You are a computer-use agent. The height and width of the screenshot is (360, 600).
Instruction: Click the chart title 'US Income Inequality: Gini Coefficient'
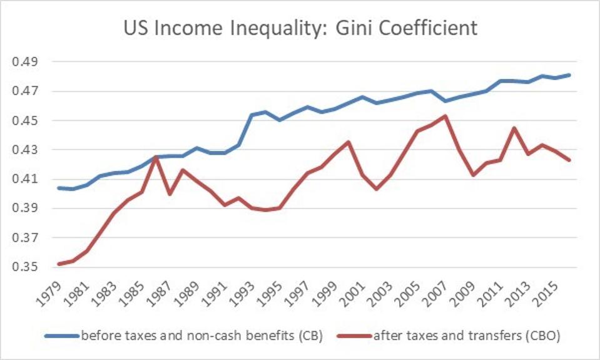[x=300, y=28]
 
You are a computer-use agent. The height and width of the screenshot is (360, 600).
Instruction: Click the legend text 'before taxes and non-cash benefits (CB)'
[x=201, y=336]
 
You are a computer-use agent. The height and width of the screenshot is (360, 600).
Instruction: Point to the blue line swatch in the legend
[x=61, y=336]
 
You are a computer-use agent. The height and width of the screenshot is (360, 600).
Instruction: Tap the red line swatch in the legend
[x=355, y=336]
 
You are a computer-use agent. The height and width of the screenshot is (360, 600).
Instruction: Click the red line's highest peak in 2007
[x=444, y=116]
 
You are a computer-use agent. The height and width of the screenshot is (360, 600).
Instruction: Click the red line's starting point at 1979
[x=59, y=264]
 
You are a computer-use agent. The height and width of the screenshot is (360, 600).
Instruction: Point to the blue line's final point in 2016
[x=569, y=75]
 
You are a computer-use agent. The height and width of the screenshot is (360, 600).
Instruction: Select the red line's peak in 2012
[x=514, y=128]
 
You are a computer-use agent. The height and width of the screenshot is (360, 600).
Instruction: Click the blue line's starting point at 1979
[x=59, y=188]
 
